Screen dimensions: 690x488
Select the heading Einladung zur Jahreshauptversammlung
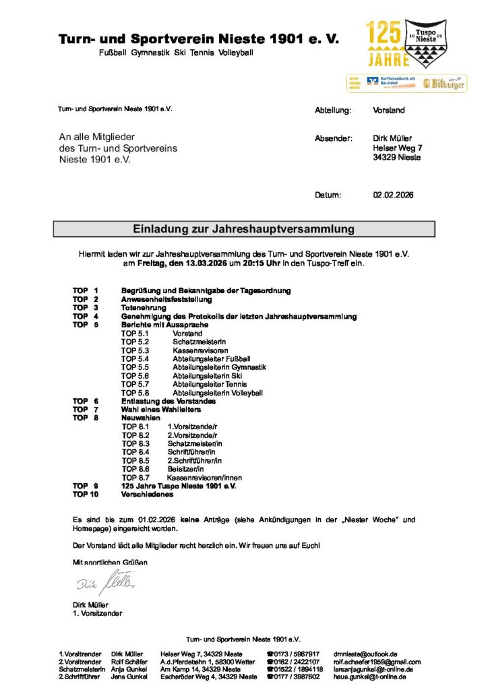[243, 229]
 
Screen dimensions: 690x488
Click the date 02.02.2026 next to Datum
[393, 195]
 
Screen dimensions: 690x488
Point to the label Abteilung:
[334, 110]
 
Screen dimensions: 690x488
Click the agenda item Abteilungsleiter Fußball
[211, 358]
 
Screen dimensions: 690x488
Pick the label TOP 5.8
[134, 393]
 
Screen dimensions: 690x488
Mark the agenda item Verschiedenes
[147, 494]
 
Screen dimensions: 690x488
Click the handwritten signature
[104, 579]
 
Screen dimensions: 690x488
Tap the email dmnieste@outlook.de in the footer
[365, 654]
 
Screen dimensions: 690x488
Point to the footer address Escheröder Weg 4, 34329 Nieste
[208, 677]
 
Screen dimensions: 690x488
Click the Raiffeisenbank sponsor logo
[389, 82]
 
